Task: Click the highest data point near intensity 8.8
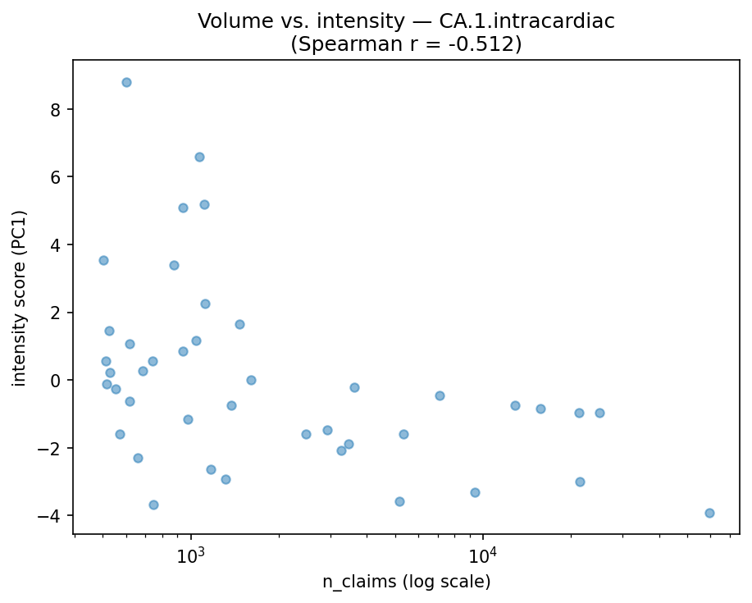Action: tap(126, 82)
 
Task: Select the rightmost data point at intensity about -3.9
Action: tap(709, 513)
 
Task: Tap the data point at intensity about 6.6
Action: tap(199, 157)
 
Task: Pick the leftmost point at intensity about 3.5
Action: tap(103, 260)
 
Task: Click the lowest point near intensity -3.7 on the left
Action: tap(153, 505)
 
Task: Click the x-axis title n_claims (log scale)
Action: tap(406, 582)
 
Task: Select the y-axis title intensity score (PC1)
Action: tap(20, 298)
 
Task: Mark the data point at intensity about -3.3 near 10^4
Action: tap(475, 492)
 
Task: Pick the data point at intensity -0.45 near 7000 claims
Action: tap(440, 395)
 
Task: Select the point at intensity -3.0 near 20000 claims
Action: tap(580, 482)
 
